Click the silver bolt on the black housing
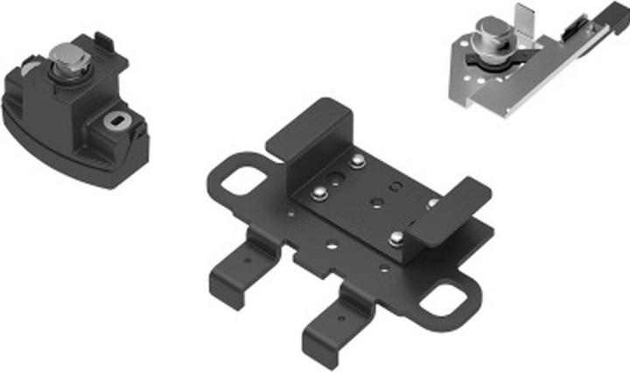(x=69, y=63)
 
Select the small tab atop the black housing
(x=104, y=39)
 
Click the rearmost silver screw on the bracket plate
(x=356, y=161)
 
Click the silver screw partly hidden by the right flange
(x=432, y=203)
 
